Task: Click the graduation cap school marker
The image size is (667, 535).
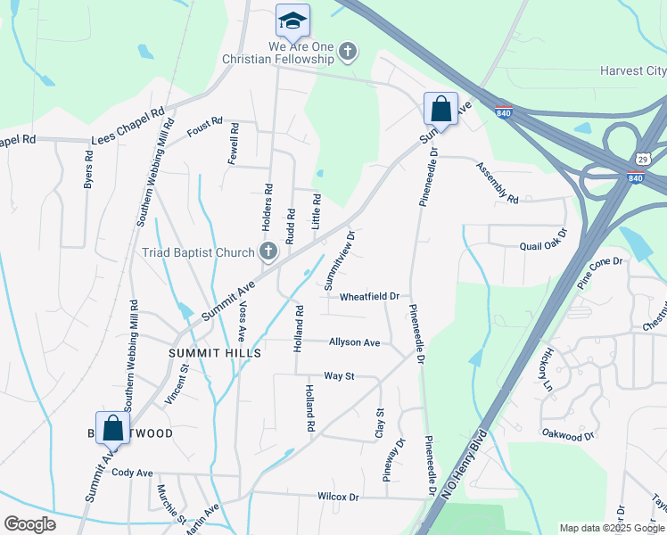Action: click(x=292, y=20)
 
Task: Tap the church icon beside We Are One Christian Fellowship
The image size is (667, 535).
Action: click(x=348, y=53)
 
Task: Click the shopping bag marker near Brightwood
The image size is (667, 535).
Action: click(x=113, y=427)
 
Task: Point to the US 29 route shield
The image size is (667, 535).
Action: click(x=641, y=158)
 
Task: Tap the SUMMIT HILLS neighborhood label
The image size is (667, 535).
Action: click(x=215, y=353)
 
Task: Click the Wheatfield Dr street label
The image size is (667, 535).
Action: click(x=368, y=296)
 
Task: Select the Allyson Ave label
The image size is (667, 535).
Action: click(x=354, y=342)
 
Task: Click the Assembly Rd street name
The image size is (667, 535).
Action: click(x=497, y=183)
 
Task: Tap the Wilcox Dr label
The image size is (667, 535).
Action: click(x=337, y=497)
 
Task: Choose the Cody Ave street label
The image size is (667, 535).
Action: click(x=132, y=473)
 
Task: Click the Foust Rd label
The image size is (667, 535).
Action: click(x=204, y=130)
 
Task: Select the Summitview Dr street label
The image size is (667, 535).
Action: click(x=340, y=259)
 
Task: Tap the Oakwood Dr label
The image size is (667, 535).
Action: click(x=567, y=434)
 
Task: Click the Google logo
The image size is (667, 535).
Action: click(x=29, y=524)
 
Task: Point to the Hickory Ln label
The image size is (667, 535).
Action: click(x=546, y=369)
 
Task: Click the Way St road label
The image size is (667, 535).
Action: click(x=339, y=376)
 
